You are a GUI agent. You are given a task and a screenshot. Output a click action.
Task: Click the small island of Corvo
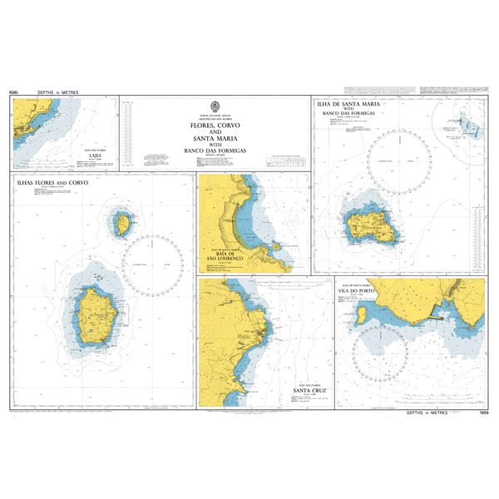(x=122, y=223)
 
